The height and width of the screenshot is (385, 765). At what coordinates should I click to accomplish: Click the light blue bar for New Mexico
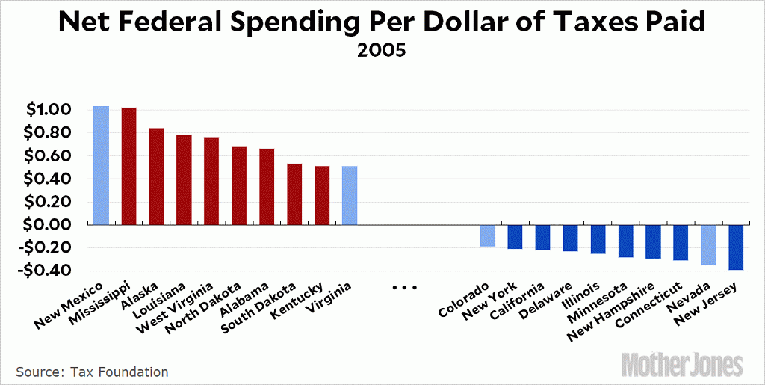pos(101,165)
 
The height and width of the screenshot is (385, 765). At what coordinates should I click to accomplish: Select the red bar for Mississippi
pos(128,166)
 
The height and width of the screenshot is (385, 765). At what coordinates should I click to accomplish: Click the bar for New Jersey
pos(737,247)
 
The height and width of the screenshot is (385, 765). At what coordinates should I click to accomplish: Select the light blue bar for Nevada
pos(709,244)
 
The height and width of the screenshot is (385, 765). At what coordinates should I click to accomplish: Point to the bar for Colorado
pos(488,235)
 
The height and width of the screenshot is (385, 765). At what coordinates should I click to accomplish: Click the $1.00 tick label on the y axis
pos(49,111)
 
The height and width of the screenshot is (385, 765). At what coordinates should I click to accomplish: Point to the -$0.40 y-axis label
pos(47,271)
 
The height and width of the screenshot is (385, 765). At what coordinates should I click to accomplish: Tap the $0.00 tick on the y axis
pos(49,225)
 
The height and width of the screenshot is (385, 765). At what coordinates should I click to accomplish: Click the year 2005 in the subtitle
pos(382,53)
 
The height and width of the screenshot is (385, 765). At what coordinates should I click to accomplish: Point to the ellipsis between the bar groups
pos(403,287)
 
